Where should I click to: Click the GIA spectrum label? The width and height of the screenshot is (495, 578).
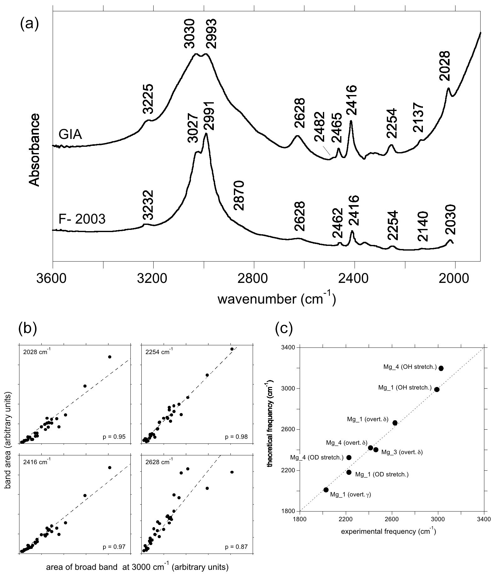[70, 135]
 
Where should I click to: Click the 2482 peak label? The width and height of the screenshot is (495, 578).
[319, 131]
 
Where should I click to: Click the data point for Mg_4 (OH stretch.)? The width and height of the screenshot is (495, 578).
[441, 368]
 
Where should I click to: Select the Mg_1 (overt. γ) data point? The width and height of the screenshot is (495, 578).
[326, 490]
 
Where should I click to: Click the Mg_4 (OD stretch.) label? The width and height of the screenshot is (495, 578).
[317, 458]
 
